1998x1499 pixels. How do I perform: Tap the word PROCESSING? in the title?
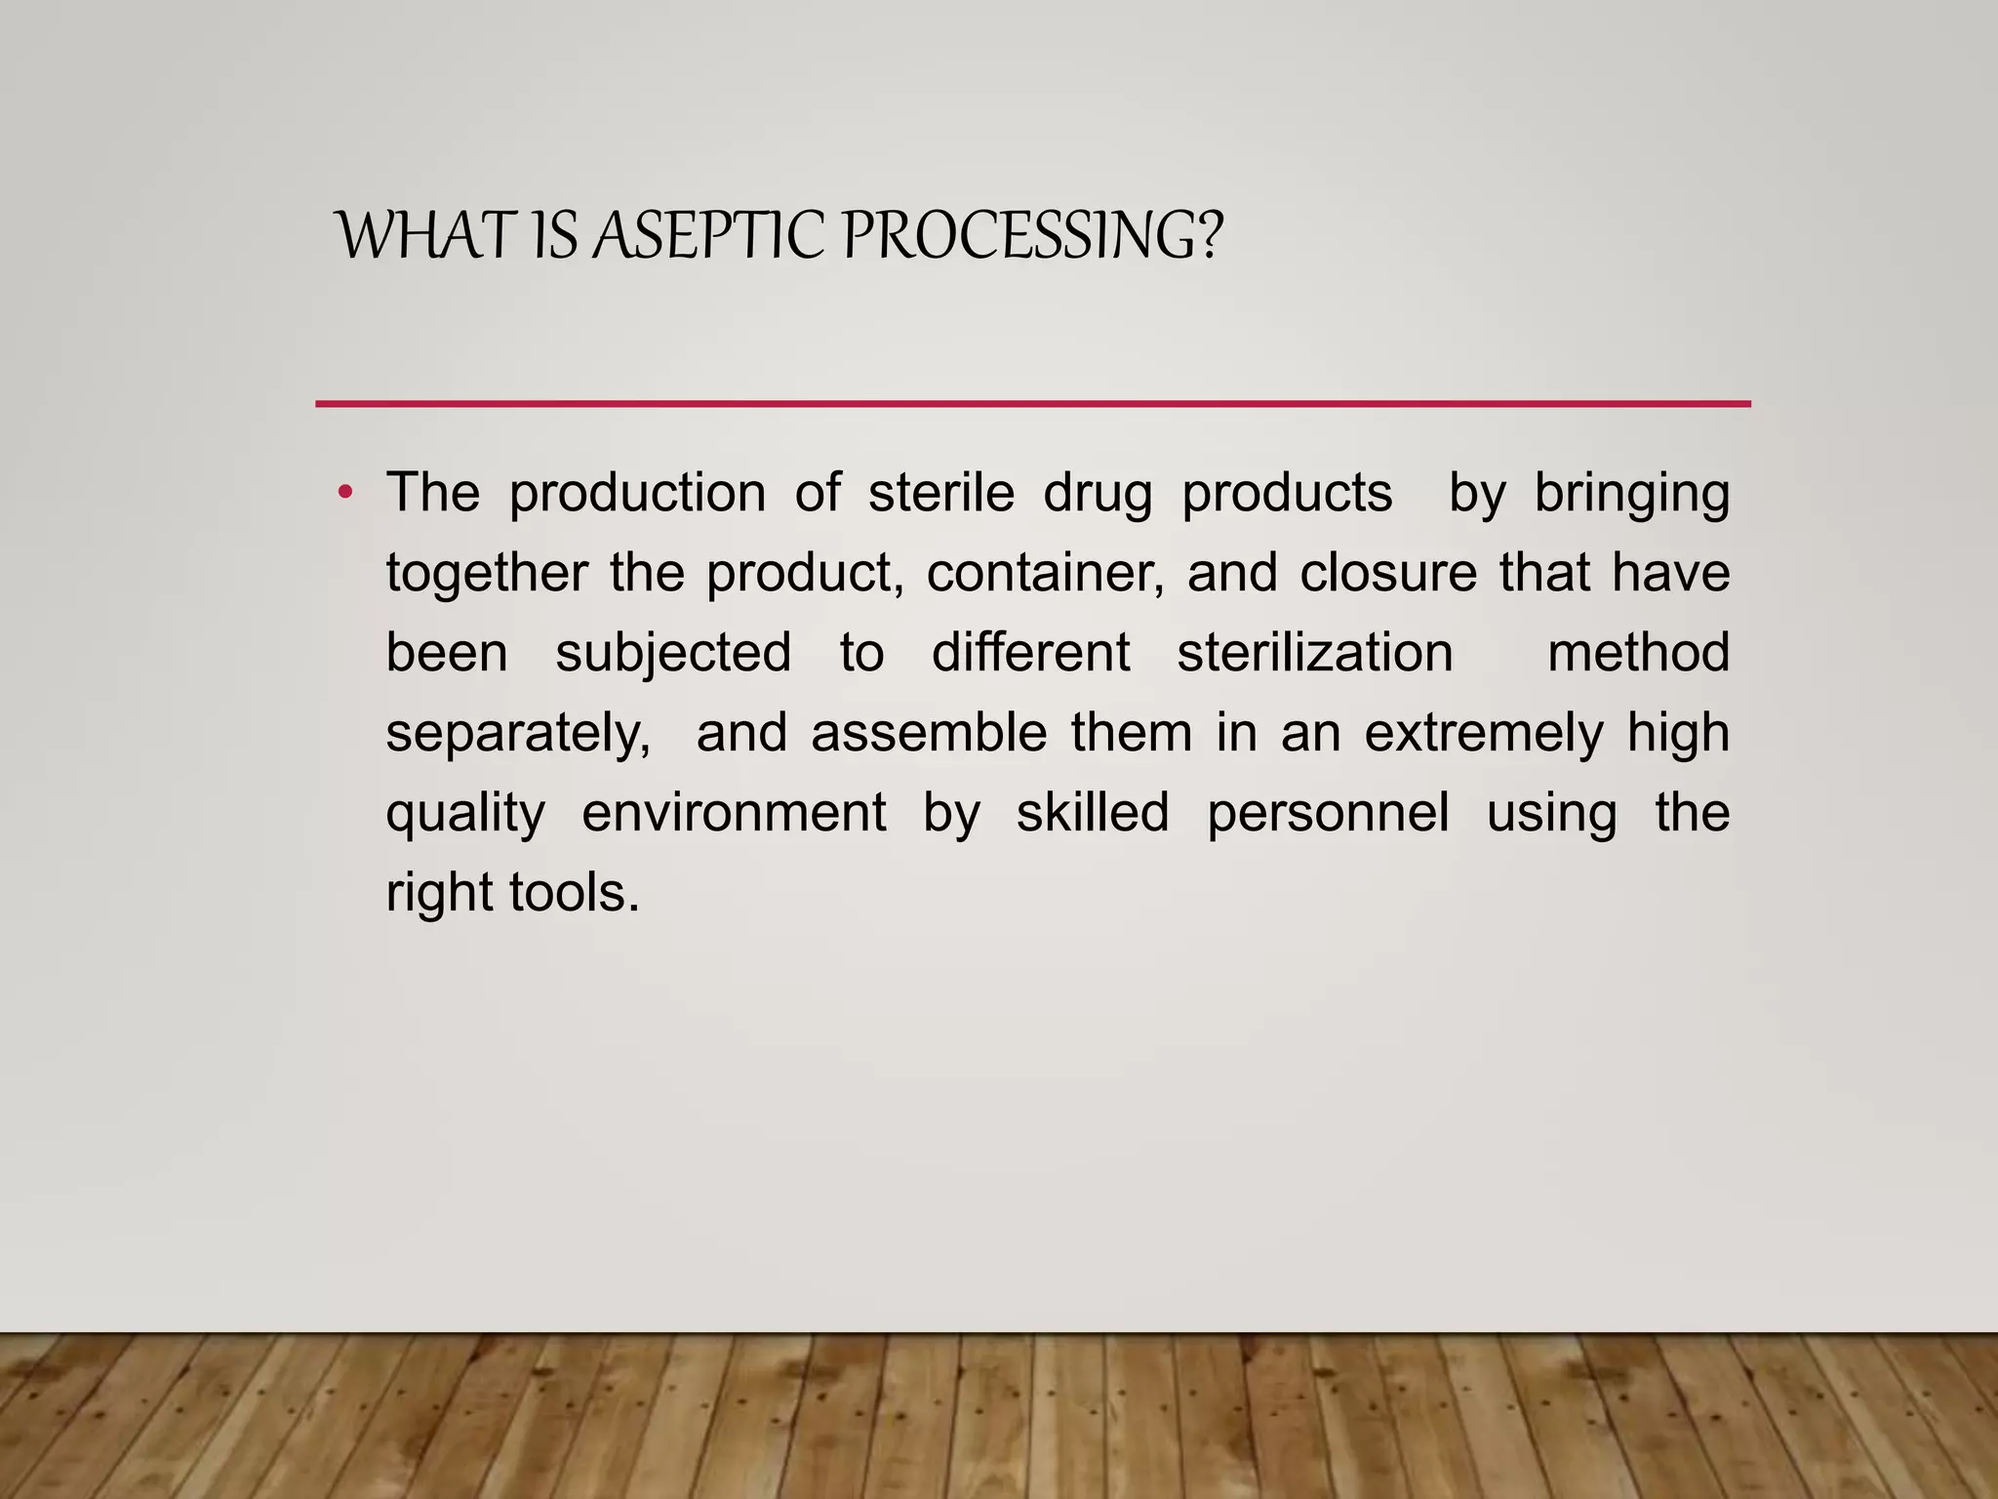[1030, 236]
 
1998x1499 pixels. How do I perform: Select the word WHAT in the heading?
[425, 236]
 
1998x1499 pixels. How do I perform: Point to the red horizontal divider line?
[1032, 403]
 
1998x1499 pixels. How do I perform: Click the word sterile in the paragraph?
[941, 493]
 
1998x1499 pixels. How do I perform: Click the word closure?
[1388, 573]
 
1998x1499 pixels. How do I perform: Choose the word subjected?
[673, 653]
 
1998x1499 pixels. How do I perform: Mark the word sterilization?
[1315, 653]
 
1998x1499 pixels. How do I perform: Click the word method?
[1638, 653]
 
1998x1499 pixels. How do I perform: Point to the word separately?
[518, 734]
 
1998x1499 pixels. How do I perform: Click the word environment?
[734, 813]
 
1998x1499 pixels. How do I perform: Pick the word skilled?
[1093, 813]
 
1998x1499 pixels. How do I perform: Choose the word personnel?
[1328, 813]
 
